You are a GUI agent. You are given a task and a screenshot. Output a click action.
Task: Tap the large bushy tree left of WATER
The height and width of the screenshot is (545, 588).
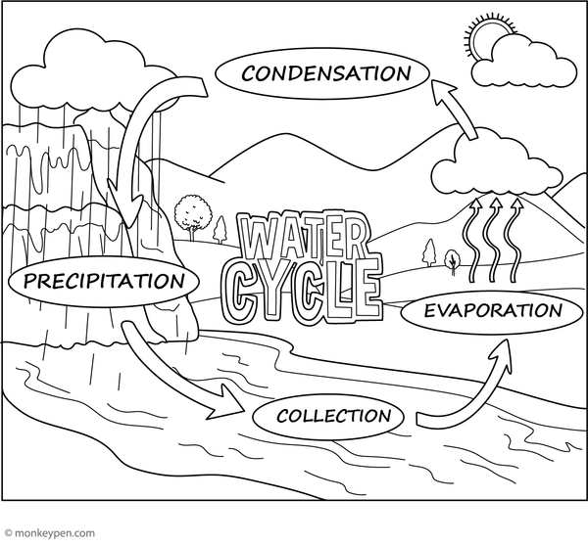point(192,214)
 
